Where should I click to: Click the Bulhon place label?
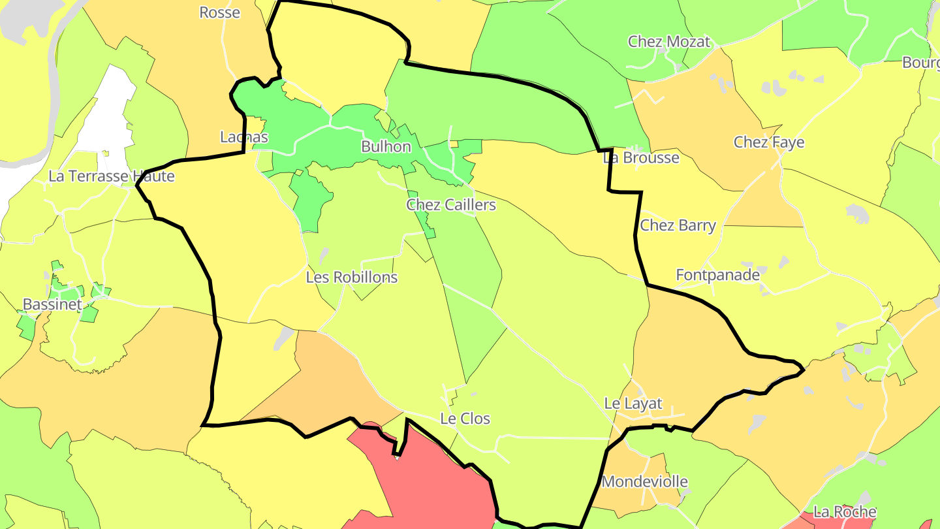pyautogui.click(x=386, y=146)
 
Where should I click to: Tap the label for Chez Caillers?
pyautogui.click(x=451, y=205)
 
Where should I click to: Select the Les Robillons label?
pyautogui.click(x=352, y=277)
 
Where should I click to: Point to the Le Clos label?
pyautogui.click(x=465, y=419)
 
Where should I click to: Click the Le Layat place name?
pyautogui.click(x=633, y=404)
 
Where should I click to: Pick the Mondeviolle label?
pyautogui.click(x=644, y=482)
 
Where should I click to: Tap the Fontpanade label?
pyautogui.click(x=717, y=275)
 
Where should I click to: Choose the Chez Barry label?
pyautogui.click(x=678, y=225)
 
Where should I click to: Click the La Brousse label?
pyautogui.click(x=640, y=157)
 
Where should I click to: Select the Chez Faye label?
pyautogui.click(x=768, y=142)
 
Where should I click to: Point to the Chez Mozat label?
pyautogui.click(x=668, y=42)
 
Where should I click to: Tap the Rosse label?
pyautogui.click(x=219, y=12)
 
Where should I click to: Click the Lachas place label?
pyautogui.click(x=243, y=137)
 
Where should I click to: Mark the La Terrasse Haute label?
pyautogui.click(x=112, y=176)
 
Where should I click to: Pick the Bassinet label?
pyautogui.click(x=52, y=304)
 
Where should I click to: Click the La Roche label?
pyautogui.click(x=844, y=511)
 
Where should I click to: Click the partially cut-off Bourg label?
pyautogui.click(x=920, y=63)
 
